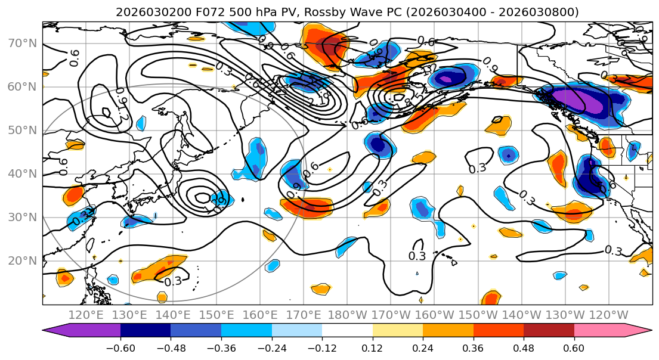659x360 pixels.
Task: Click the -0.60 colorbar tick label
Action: (x=120, y=347)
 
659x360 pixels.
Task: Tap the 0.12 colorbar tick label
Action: (x=373, y=347)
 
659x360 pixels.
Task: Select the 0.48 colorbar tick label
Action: (x=524, y=347)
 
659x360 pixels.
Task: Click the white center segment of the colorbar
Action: (x=347, y=331)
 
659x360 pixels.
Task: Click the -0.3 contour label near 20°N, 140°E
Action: (x=172, y=281)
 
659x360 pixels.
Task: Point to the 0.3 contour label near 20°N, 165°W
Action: (x=417, y=256)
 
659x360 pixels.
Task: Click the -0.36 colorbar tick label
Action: (x=221, y=347)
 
